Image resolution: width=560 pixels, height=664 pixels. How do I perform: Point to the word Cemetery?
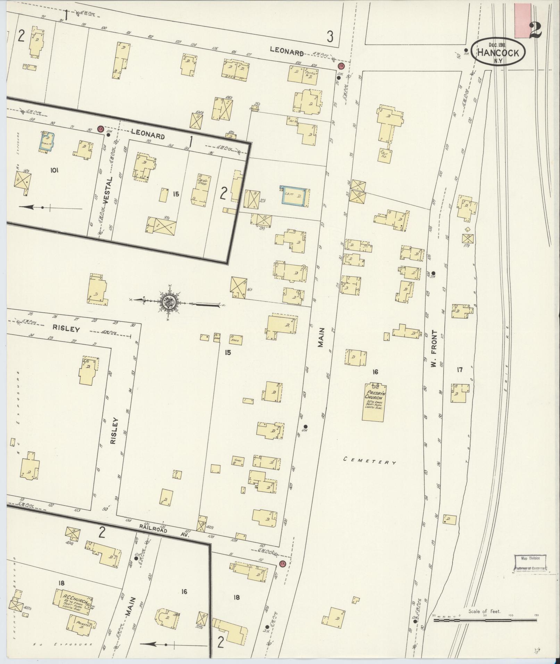pyautogui.click(x=370, y=461)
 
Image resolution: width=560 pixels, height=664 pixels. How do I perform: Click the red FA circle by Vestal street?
pyautogui.click(x=101, y=129)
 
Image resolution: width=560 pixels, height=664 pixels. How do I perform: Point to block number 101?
pyautogui.click(x=55, y=170)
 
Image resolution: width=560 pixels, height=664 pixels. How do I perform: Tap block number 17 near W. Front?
pyautogui.click(x=460, y=370)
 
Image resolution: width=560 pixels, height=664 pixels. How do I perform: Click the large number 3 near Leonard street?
pyautogui.click(x=330, y=36)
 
